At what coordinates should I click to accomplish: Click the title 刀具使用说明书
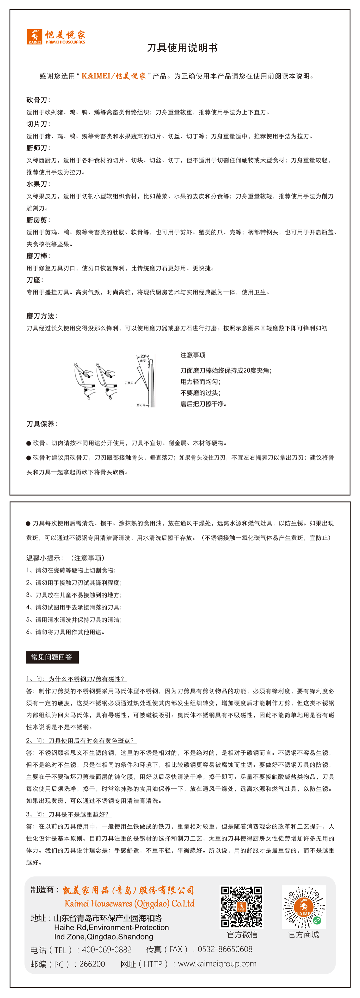182,48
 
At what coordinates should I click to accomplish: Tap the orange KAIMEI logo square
34,36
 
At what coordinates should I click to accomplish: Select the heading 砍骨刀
38,100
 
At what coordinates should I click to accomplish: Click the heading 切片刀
38,124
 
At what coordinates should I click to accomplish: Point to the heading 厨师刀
38,148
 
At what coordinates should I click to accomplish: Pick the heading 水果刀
38,184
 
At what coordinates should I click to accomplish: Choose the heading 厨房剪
38,220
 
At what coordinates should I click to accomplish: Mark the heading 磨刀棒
38,256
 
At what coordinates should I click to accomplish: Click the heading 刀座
35,280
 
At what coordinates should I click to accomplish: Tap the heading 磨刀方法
41,316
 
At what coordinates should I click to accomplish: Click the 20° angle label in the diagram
143,356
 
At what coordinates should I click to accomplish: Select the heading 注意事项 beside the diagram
193,355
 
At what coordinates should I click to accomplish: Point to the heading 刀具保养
41,424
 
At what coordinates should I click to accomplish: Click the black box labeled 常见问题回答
52,657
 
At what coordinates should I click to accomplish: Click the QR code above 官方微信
241,907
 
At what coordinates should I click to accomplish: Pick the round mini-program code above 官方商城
303,907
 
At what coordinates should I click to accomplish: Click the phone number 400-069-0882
107,949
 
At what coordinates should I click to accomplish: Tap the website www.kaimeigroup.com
217,964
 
